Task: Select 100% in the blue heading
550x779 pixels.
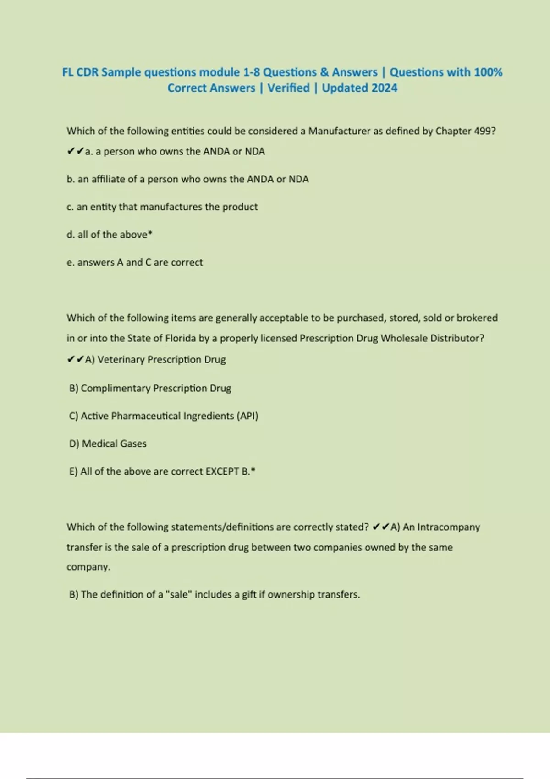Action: click(x=488, y=72)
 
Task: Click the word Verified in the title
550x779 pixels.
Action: click(x=288, y=88)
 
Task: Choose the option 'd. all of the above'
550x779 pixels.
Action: click(x=109, y=235)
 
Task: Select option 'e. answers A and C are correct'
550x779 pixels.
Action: click(x=134, y=263)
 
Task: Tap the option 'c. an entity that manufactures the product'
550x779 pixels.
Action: click(x=162, y=207)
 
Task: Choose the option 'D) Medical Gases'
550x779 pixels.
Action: click(x=108, y=444)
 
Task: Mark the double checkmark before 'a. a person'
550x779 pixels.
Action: click(x=75, y=152)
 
